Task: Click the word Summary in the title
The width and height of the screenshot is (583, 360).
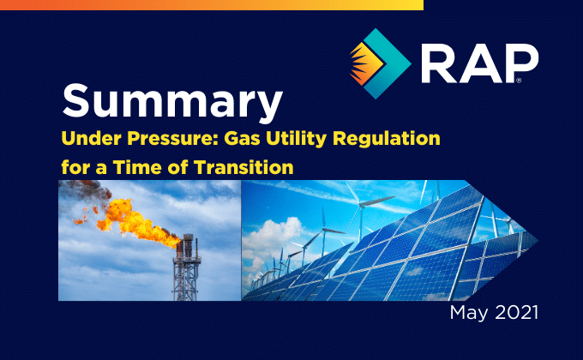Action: pyautogui.click(x=172, y=101)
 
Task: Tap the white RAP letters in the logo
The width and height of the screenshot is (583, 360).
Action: pyautogui.click(x=479, y=63)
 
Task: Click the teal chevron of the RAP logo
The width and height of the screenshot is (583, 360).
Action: pyautogui.click(x=387, y=63)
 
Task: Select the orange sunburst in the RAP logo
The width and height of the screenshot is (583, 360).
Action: pyautogui.click(x=365, y=63)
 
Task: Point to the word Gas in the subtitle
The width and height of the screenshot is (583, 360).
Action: pyautogui.click(x=239, y=138)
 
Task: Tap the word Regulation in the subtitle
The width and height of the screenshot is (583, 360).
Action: pyautogui.click(x=387, y=139)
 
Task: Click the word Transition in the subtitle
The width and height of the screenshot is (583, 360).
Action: pyautogui.click(x=243, y=167)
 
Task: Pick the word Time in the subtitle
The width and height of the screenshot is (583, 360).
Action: pyautogui.click(x=136, y=167)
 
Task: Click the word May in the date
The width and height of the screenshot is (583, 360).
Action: pyautogui.click(x=468, y=313)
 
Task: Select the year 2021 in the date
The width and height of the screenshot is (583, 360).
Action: pyautogui.click(x=516, y=312)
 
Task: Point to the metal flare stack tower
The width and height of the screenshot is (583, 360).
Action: pyautogui.click(x=186, y=267)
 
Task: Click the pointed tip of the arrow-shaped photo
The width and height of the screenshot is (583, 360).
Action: pyautogui.click(x=538, y=241)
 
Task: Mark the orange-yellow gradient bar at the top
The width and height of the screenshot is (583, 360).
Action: pyautogui.click(x=212, y=5)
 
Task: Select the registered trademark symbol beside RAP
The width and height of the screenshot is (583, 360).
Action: pyautogui.click(x=519, y=81)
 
